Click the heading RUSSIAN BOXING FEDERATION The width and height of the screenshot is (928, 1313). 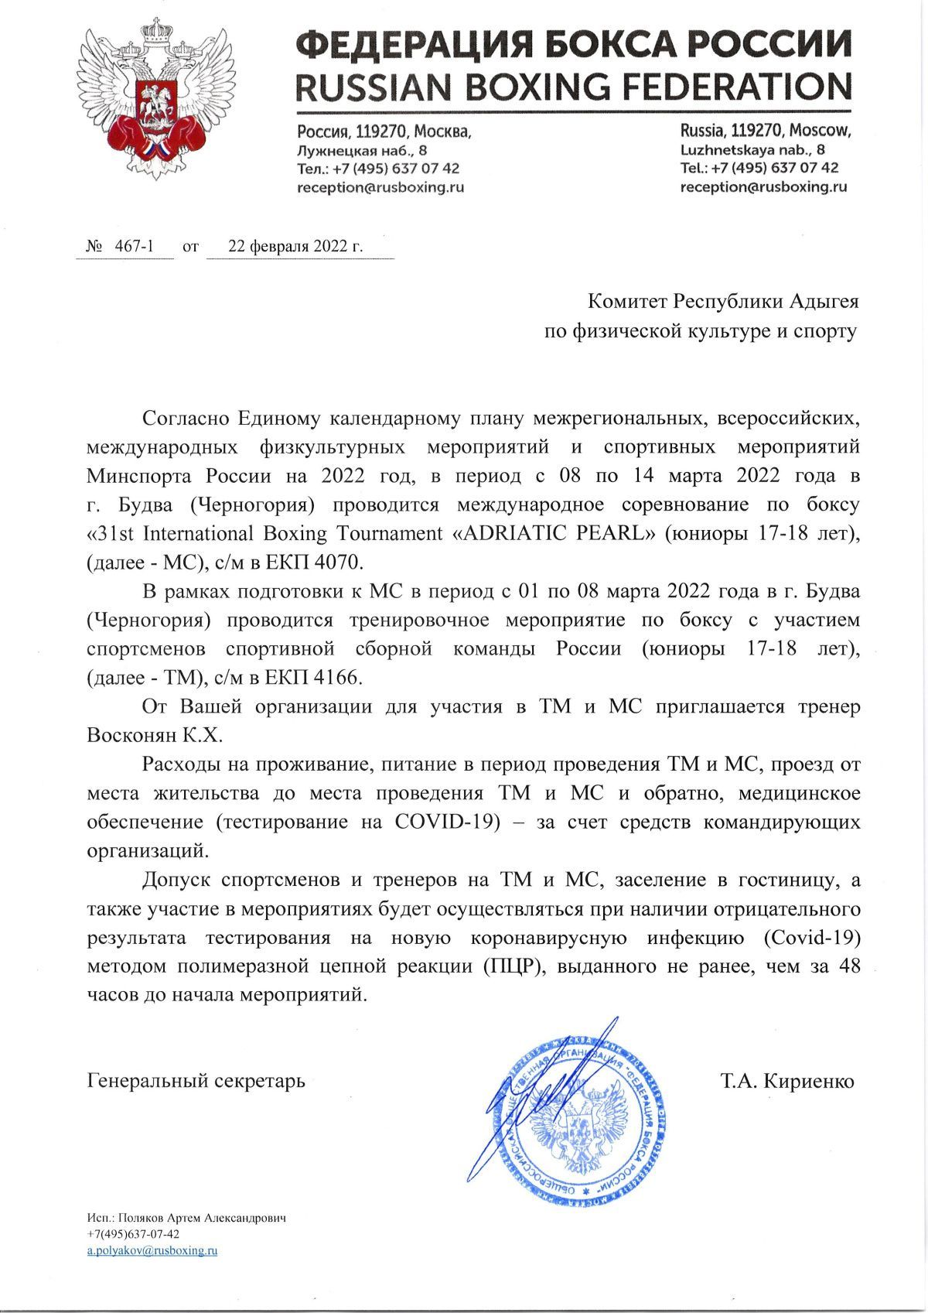(x=575, y=87)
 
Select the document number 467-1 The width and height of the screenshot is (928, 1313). (x=134, y=247)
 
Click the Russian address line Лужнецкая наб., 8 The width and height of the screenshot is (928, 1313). (x=362, y=149)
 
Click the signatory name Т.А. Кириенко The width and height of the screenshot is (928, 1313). (x=787, y=1081)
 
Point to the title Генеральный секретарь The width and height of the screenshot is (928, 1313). (x=196, y=1081)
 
